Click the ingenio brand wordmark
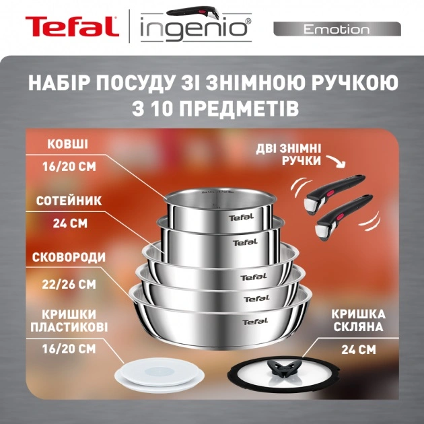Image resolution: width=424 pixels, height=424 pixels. (x=196, y=30)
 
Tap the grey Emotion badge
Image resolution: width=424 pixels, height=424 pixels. (x=337, y=29)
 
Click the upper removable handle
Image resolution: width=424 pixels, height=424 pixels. (x=337, y=188)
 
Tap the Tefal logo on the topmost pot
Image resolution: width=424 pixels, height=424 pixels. (x=238, y=217)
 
